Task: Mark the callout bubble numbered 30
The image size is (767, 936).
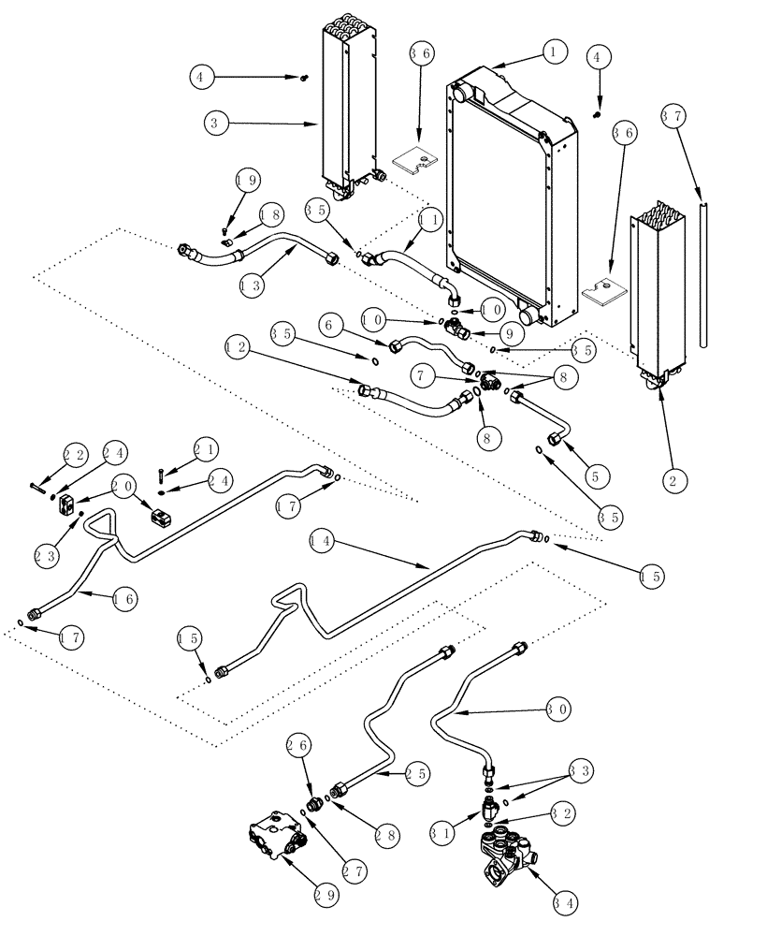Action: point(558,710)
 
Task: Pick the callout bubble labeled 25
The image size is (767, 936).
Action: point(416,774)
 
